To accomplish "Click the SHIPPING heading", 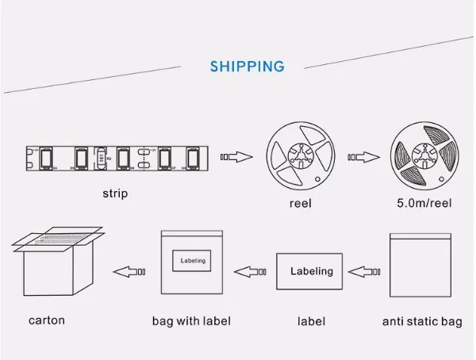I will (247, 67).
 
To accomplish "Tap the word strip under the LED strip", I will (115, 193).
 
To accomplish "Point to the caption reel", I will (300, 203).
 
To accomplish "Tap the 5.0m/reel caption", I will (424, 203).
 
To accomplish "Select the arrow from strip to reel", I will (236, 156).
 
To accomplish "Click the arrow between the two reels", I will (362, 156).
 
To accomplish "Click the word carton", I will (47, 320).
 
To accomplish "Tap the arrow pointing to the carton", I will (129, 272).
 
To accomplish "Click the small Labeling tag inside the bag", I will (193, 260).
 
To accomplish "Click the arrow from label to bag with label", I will (251, 272).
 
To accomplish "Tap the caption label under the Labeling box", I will (311, 321).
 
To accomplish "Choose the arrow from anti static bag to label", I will (366, 272).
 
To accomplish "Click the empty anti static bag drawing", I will (420, 266).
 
